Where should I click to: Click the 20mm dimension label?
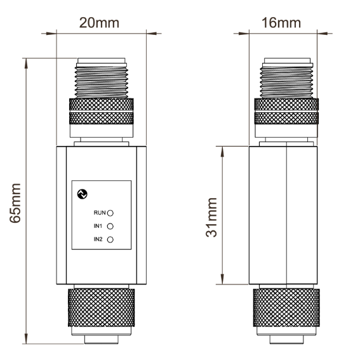click(99, 23)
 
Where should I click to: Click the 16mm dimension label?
click(281, 23)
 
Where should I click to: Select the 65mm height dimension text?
click(15, 203)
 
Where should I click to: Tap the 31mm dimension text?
click(211, 217)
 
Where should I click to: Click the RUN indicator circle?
click(110, 213)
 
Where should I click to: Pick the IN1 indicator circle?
click(110, 227)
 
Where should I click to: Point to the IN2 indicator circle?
click(110, 240)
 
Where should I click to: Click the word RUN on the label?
click(100, 213)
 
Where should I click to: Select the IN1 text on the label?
click(98, 226)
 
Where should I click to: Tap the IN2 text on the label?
click(98, 239)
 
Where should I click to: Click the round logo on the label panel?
click(83, 194)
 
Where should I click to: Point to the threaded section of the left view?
click(102, 82)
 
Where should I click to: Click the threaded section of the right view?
click(286, 82)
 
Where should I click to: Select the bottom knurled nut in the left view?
click(102, 308)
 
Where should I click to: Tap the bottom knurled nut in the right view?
click(286, 308)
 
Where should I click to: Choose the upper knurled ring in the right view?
click(286, 104)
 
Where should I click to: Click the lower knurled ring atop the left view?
click(102, 118)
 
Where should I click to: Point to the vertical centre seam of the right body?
click(286, 215)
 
